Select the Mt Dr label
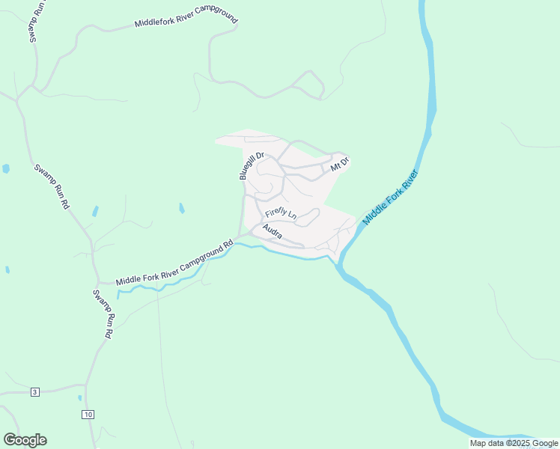click(341, 164)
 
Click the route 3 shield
click(34, 392)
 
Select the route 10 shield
click(88, 414)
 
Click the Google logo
click(25, 440)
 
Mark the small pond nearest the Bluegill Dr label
click(181, 208)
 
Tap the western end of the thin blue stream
click(118, 296)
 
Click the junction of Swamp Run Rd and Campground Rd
click(97, 283)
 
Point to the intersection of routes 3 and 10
click(86, 389)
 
